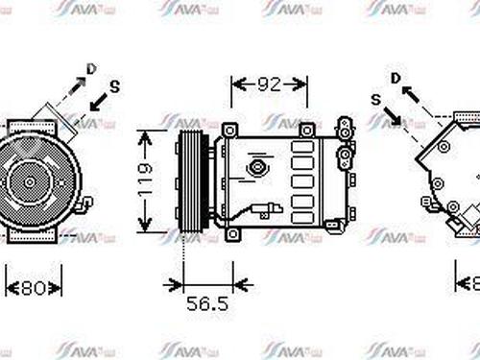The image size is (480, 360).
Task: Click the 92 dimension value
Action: pyautogui.click(x=270, y=84)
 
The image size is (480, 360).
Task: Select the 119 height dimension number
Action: pyautogui.click(x=145, y=181)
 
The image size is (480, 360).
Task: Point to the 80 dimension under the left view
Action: pyautogui.click(x=35, y=285)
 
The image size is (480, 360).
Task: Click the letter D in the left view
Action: pyautogui.click(x=91, y=68)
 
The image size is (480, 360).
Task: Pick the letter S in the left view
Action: pyautogui.click(x=114, y=86)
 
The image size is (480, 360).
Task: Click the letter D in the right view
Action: pyautogui.click(x=396, y=77)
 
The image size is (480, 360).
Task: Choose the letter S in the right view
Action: pyautogui.click(x=374, y=100)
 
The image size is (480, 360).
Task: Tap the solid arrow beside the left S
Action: pyautogui.click(x=97, y=100)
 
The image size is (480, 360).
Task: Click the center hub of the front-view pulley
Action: pyautogui.click(x=28, y=180)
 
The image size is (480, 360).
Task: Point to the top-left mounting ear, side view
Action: pyautogui.click(x=228, y=130)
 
